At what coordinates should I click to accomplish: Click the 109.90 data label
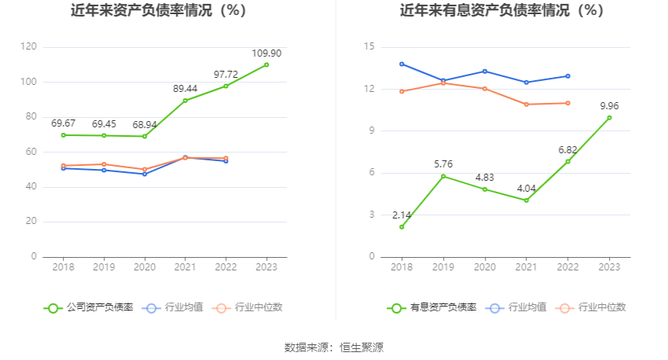266,53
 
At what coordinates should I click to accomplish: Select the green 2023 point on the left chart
266,64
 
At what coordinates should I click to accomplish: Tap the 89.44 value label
185,89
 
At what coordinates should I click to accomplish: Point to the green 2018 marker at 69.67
64,135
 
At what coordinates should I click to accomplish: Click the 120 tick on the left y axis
28,47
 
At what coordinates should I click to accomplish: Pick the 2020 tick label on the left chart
145,267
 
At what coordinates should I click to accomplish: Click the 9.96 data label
610,106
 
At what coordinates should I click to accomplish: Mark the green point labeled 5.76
443,176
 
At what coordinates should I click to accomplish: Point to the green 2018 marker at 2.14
402,227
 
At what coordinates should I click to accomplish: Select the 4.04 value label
526,189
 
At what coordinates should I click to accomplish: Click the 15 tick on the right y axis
369,47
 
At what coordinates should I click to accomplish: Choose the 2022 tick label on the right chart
567,267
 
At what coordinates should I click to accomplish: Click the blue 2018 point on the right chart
402,64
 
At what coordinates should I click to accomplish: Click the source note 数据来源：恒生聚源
334,347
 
